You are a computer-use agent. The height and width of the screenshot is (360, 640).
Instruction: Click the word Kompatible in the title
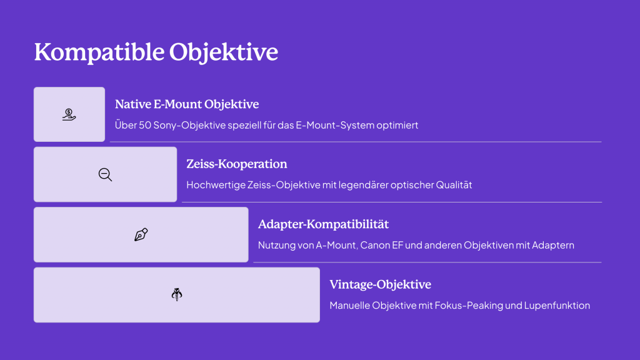pyautogui.click(x=99, y=52)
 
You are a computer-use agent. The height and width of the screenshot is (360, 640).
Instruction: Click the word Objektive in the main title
pyautogui.click(x=224, y=52)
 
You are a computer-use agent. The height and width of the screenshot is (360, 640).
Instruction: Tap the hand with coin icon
pyautogui.click(x=69, y=114)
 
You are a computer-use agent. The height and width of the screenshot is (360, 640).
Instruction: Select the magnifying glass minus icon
pyautogui.click(x=105, y=175)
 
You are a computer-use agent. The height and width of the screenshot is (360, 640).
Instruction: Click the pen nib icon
pyautogui.click(x=141, y=235)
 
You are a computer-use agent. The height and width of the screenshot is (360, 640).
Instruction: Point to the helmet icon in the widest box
pyautogui.click(x=177, y=294)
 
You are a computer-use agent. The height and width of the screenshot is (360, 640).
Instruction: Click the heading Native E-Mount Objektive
pyautogui.click(x=187, y=104)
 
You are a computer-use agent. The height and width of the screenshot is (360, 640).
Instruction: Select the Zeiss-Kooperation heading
pyautogui.click(x=237, y=164)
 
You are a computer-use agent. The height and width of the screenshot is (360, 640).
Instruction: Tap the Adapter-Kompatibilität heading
pyautogui.click(x=323, y=224)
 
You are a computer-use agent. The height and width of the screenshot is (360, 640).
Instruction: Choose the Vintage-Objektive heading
pyautogui.click(x=381, y=284)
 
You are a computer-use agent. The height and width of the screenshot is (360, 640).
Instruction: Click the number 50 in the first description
pyautogui.click(x=145, y=125)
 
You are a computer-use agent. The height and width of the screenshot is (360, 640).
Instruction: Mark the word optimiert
pyautogui.click(x=397, y=125)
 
